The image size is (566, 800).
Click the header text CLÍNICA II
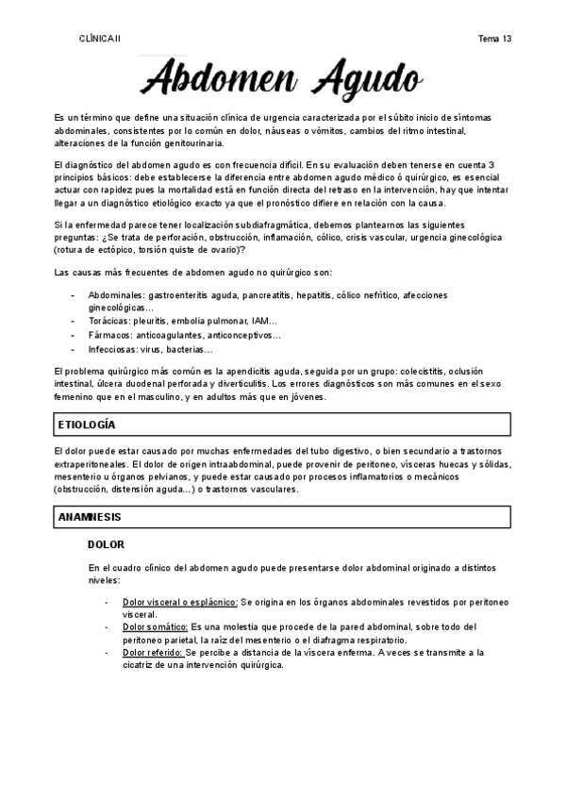tap(100, 39)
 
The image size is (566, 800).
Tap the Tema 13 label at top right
tap(494, 39)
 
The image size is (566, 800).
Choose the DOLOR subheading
tap(107, 545)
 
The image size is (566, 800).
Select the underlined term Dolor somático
tap(156, 626)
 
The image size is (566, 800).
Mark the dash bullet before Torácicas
tap(74, 321)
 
